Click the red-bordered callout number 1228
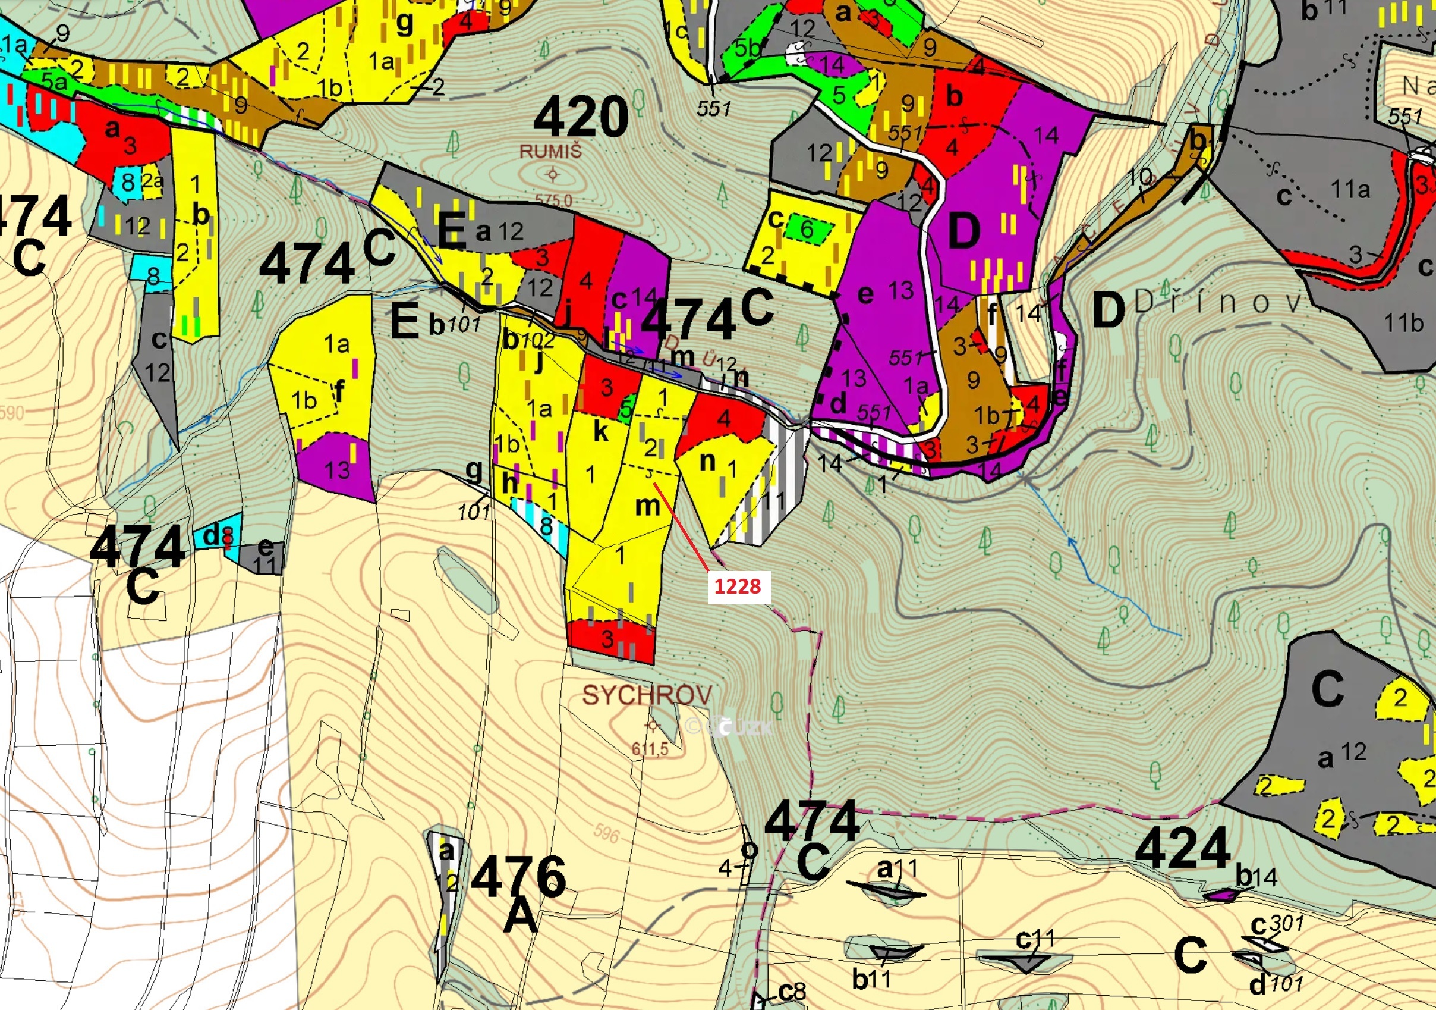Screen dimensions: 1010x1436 pyautogui.click(x=738, y=586)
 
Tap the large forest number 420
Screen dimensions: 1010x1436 pyautogui.click(x=581, y=117)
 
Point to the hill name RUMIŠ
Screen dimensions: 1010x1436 pyautogui.click(x=550, y=152)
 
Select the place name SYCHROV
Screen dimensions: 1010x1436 pyautogui.click(x=647, y=695)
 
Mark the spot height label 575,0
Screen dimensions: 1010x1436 pyautogui.click(x=553, y=200)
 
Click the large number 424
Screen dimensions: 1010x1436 pyautogui.click(x=1183, y=849)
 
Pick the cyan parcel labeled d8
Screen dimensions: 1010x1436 pyautogui.click(x=217, y=537)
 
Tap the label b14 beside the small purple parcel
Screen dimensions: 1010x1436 pyautogui.click(x=1256, y=877)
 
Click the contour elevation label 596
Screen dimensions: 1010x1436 pyautogui.click(x=606, y=833)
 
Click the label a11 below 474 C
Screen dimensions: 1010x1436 pyautogui.click(x=897, y=868)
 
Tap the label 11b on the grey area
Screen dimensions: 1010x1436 pyautogui.click(x=1403, y=323)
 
